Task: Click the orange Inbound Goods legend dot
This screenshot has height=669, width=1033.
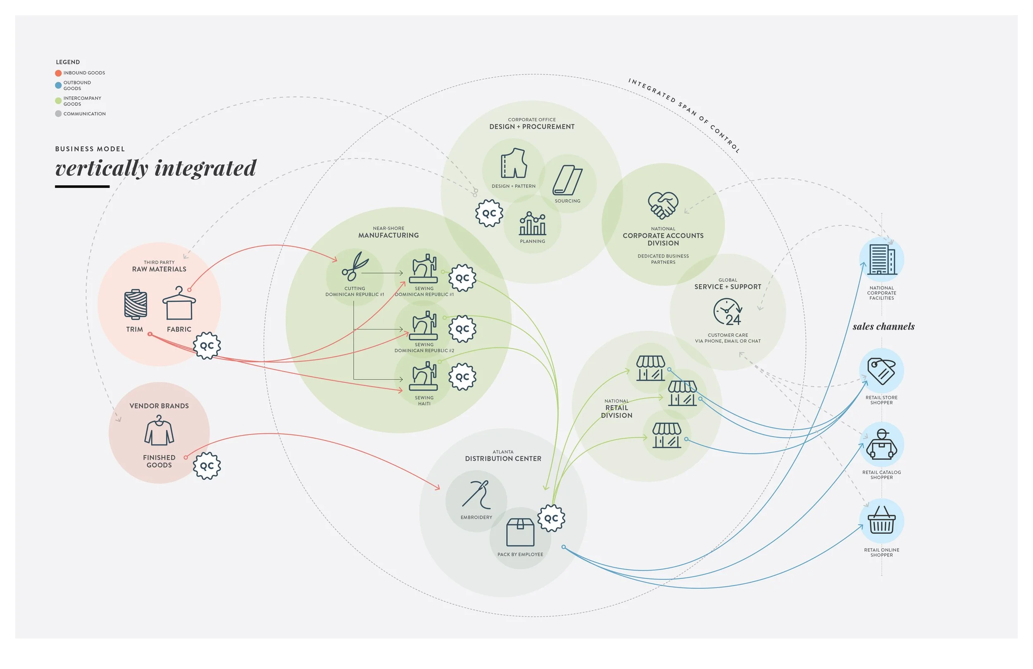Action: (58, 73)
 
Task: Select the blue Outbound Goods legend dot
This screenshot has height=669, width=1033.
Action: (58, 86)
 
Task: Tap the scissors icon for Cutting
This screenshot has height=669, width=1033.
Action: (355, 266)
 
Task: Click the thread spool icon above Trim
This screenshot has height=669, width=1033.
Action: (136, 305)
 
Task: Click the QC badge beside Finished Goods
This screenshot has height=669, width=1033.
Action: (207, 466)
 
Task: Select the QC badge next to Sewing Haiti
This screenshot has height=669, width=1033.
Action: (462, 377)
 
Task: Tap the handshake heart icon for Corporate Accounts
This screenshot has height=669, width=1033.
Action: (663, 205)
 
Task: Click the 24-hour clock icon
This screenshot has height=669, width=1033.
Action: (728, 311)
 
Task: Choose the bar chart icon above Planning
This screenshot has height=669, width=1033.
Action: (533, 223)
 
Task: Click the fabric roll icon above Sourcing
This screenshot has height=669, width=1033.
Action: (567, 180)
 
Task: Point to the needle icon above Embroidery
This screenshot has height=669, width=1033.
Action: (476, 495)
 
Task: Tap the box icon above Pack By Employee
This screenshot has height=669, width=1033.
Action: (520, 532)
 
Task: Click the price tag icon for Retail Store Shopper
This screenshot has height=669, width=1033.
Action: (881, 370)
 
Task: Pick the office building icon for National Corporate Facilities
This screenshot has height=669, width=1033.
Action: (881, 259)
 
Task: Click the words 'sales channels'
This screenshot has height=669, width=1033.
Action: (883, 327)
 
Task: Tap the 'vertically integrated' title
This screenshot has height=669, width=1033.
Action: (156, 169)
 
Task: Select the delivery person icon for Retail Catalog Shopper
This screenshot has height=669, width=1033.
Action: (881, 444)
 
